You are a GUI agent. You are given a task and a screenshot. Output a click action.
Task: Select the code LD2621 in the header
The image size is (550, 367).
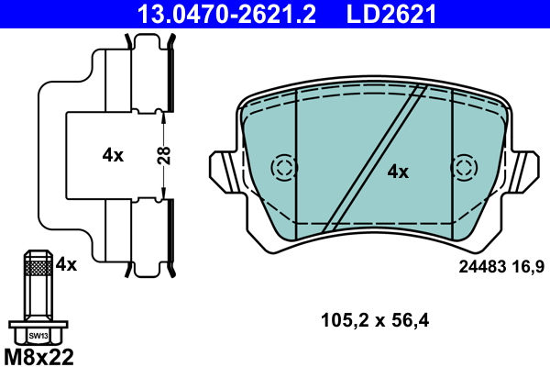pos(390,13)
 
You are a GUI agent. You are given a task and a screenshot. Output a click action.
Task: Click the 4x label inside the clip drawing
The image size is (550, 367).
pos(113,155)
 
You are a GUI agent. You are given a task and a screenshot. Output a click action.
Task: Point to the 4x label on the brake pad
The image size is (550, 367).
pos(397,171)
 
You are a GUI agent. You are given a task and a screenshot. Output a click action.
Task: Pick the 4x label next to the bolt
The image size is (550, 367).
pos(66,264)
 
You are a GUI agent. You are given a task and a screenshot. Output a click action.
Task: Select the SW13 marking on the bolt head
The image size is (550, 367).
pos(37,336)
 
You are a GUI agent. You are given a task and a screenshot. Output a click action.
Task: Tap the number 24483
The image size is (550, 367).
pos(480,267)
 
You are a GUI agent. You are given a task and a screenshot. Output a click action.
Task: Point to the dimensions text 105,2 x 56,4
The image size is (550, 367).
pos(375,320)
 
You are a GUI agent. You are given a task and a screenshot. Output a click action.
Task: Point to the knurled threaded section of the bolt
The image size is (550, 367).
pos(37,267)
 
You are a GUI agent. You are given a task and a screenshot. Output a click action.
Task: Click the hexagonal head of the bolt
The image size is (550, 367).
pos(37,332)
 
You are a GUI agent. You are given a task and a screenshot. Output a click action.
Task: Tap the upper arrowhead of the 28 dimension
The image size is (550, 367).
pos(163,114)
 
